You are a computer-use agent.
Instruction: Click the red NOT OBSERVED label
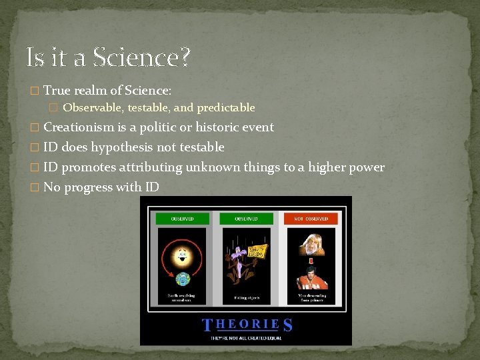[x=311, y=219]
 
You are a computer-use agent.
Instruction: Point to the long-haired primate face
[x=311, y=243]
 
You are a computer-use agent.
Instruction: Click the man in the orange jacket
[x=311, y=277]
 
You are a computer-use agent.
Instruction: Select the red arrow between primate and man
[x=311, y=261]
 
